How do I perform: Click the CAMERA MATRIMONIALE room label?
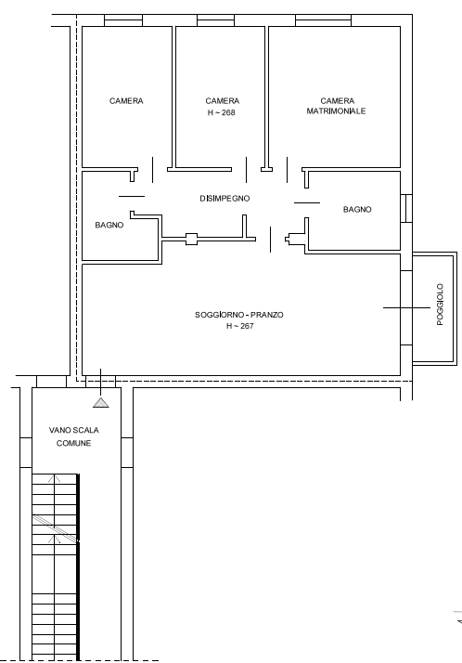point(336,106)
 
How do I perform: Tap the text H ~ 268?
point(222,113)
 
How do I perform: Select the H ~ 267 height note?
point(240,326)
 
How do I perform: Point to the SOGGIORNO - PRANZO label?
point(239,315)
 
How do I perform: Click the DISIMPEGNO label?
point(225,199)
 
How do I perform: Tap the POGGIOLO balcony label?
point(440,305)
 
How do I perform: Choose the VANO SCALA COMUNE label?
point(74,436)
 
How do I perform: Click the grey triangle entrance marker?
point(101,403)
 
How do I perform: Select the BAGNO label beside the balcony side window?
point(357,209)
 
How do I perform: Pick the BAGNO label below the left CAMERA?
point(109,225)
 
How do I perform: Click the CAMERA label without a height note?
point(126,101)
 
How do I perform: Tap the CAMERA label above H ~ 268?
point(223,101)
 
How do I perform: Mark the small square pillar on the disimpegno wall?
point(191,240)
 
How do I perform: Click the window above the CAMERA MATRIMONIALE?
point(323,20)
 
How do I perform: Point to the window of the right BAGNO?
point(406,208)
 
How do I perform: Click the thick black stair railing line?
point(78,566)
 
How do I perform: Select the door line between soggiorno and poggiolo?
point(406,308)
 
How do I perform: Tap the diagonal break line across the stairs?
point(56,527)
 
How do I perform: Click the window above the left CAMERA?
point(123,20)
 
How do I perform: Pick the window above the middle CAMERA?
point(215,20)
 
